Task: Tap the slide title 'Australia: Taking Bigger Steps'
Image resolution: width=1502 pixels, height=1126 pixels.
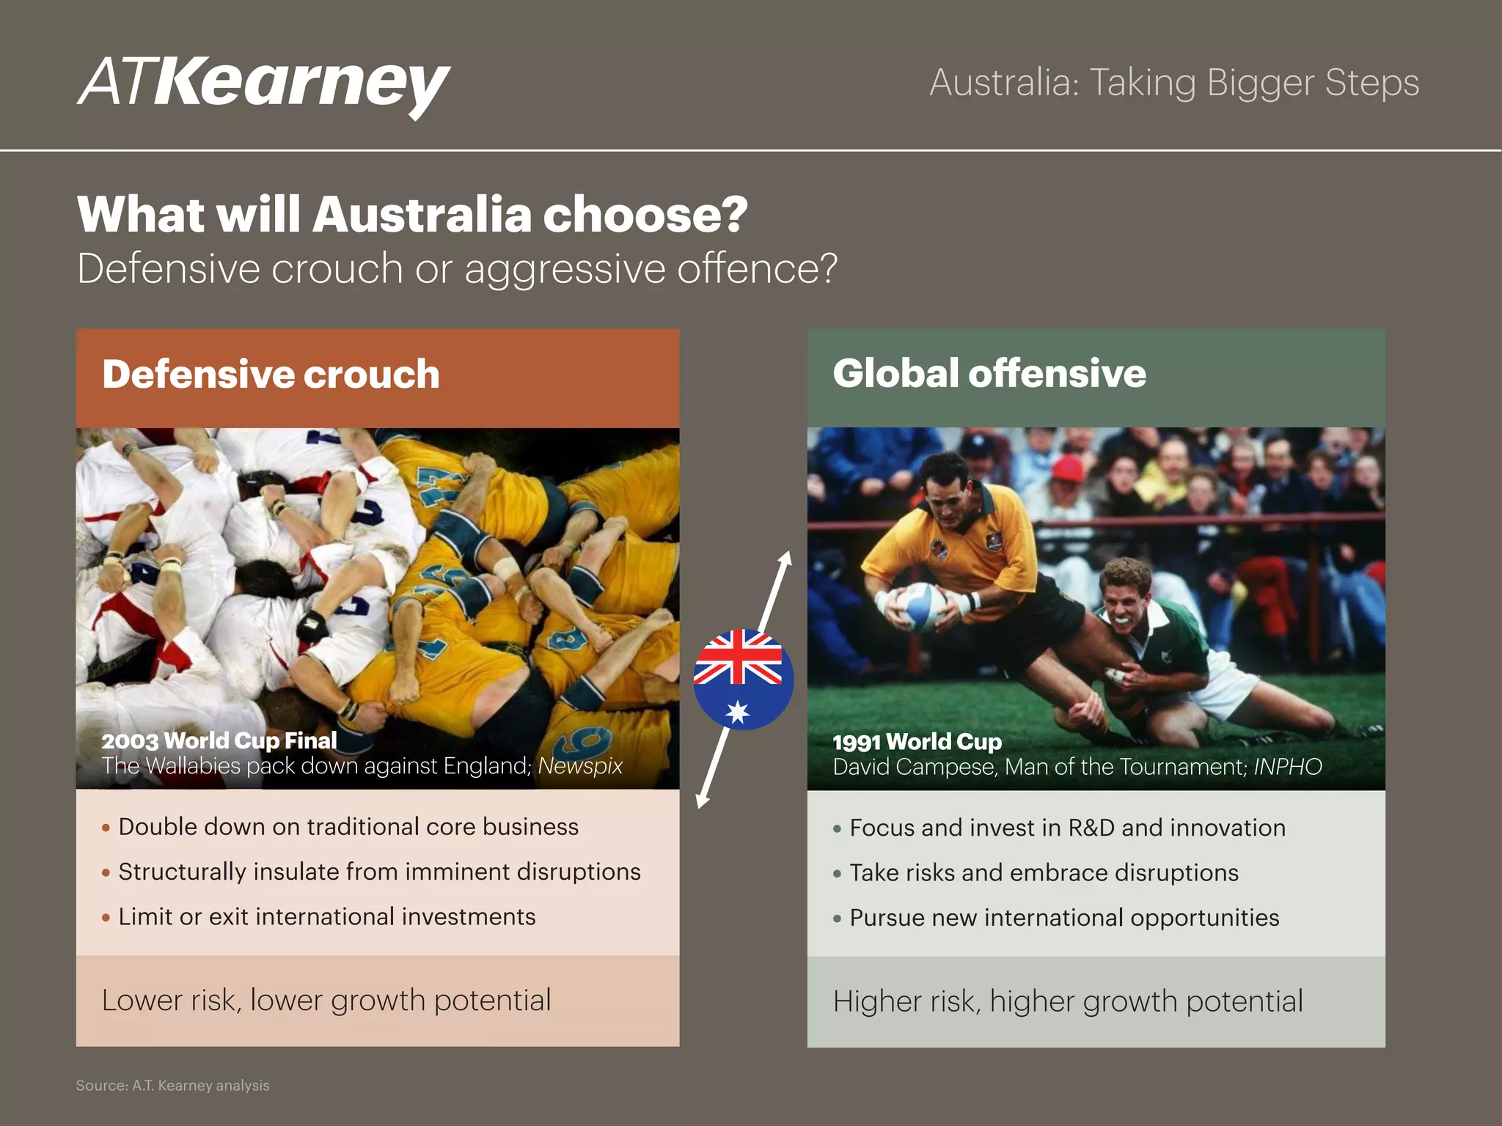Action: pyautogui.click(x=1173, y=83)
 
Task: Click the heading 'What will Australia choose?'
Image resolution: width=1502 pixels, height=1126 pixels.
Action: pyautogui.click(x=411, y=215)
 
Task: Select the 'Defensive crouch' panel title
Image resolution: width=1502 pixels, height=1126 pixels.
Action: pyautogui.click(x=271, y=375)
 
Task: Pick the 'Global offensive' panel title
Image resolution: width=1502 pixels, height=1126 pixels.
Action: pyautogui.click(x=989, y=373)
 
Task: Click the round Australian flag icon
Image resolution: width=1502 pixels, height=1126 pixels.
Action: pyautogui.click(x=743, y=680)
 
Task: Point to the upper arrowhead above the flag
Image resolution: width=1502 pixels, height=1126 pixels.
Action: pyautogui.click(x=785, y=559)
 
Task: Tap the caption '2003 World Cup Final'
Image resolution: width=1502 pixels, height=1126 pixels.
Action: pyautogui.click(x=219, y=740)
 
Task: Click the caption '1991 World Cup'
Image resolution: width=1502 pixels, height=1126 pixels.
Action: pyautogui.click(x=917, y=742)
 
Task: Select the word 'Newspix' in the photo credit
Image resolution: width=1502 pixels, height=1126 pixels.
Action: pyautogui.click(x=579, y=766)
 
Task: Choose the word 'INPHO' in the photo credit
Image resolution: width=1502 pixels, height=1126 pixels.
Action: pyautogui.click(x=1287, y=767)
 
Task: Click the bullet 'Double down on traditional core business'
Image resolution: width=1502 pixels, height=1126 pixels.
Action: pyautogui.click(x=348, y=827)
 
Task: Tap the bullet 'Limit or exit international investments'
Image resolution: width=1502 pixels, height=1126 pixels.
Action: pyautogui.click(x=326, y=917)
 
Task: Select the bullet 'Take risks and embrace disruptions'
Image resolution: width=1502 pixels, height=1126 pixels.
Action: pyautogui.click(x=1044, y=873)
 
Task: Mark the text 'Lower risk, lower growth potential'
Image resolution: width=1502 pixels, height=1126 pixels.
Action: pyautogui.click(x=326, y=1001)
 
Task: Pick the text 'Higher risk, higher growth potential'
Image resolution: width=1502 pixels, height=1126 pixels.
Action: pyautogui.click(x=1068, y=1001)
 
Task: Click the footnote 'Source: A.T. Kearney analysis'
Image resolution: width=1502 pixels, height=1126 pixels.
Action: pyautogui.click(x=172, y=1086)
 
